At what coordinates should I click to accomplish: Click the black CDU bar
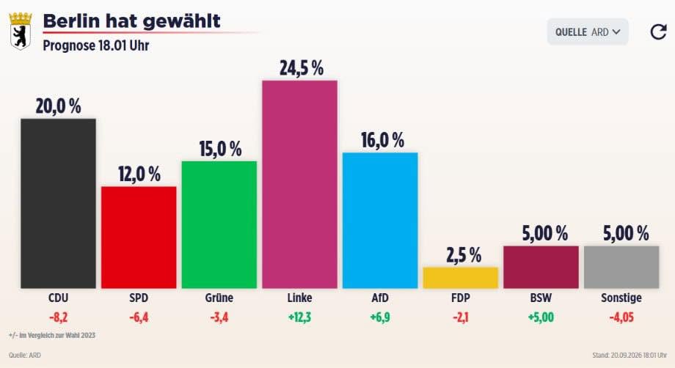pos(58,203)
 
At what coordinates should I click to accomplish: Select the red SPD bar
pos(139,238)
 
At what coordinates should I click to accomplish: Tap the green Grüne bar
pos(219,225)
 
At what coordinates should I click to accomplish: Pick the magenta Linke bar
pos(299,185)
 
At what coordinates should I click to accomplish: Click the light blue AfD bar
pos(380,221)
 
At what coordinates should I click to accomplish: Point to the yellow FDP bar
pos(461,278)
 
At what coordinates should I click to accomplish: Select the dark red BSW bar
pos(541,267)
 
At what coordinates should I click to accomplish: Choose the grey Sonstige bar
pos(621,267)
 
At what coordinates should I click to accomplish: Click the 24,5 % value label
pos(302,68)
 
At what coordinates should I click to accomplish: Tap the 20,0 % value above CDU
pos(58,106)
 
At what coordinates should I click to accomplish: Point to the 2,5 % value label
pos(464,255)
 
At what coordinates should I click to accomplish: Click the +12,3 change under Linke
pos(299,317)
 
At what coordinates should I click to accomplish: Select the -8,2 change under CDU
pos(59,317)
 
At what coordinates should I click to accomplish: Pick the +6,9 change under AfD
pos(380,317)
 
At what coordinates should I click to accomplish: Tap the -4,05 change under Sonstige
pos(621,317)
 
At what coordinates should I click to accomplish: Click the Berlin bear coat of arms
pos(21,31)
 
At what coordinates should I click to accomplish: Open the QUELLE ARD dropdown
pos(588,32)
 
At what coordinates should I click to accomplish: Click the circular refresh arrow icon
pos(658,32)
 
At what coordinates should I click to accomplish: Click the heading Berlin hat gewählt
pos(132,21)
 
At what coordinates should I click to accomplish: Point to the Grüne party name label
pos(219,298)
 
